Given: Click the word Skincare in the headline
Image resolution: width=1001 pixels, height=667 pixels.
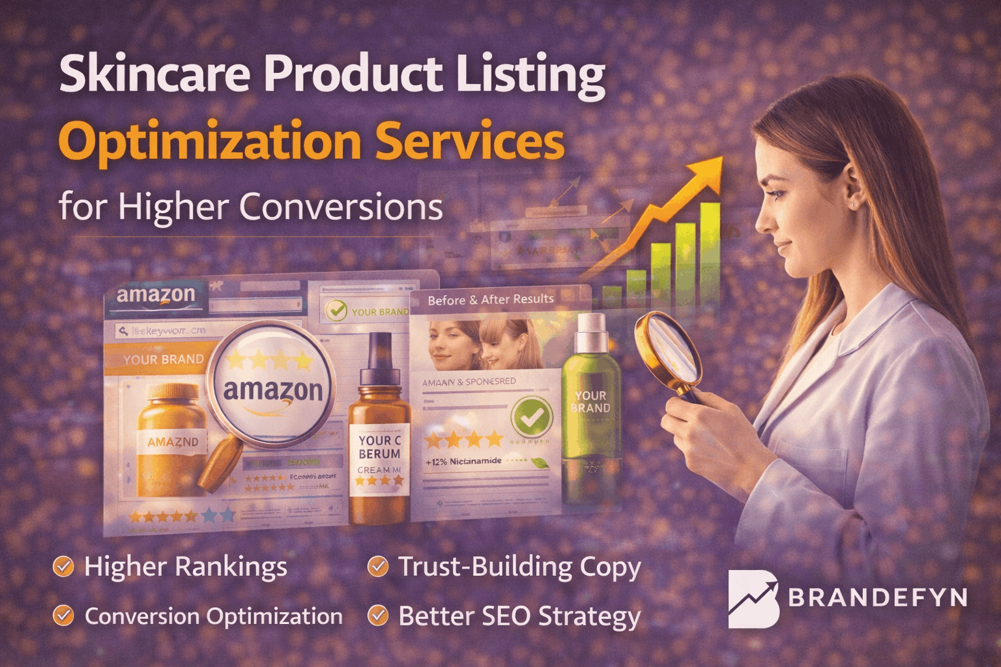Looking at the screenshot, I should click(154, 74).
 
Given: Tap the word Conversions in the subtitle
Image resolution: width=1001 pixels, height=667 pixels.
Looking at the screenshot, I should click(340, 207).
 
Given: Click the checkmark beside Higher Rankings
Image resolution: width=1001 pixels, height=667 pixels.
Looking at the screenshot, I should click(63, 567).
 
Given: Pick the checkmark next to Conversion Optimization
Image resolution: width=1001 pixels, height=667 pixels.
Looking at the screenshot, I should click(63, 616).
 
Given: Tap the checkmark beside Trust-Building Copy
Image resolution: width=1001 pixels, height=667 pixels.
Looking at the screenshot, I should click(377, 567).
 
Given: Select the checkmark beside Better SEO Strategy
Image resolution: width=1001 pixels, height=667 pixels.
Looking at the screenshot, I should click(377, 616).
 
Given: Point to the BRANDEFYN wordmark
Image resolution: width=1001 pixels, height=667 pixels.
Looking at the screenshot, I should click(877, 597).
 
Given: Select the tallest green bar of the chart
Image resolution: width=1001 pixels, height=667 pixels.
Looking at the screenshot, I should click(709, 248).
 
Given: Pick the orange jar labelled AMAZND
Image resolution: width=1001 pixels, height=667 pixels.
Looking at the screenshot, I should click(171, 440).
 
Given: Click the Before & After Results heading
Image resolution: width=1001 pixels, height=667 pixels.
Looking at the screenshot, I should click(491, 300).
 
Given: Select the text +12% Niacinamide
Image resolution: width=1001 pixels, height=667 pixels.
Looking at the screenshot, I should click(463, 461).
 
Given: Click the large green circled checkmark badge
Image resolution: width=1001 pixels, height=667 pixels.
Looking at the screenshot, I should click(532, 418).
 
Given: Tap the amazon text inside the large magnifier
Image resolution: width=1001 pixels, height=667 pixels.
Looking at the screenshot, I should click(273, 390).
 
